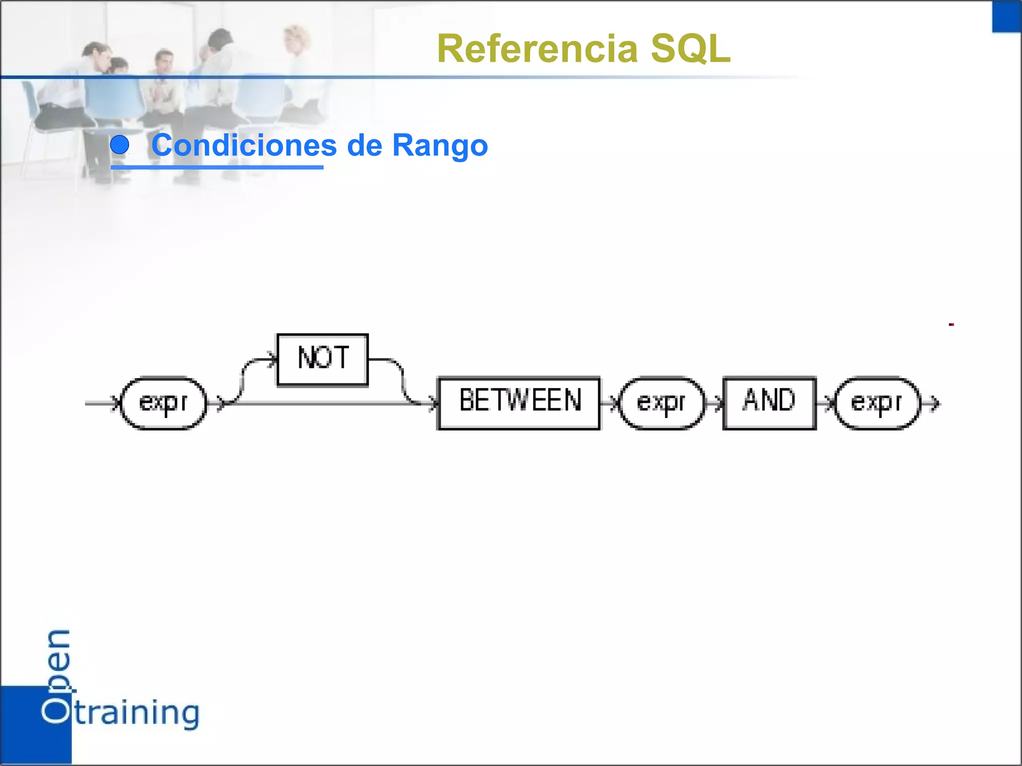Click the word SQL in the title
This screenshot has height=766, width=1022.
coord(691,49)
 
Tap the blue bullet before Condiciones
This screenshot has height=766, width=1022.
coord(120,145)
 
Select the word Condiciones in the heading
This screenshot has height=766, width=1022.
coord(244,145)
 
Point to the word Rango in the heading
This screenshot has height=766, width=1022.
coord(440,145)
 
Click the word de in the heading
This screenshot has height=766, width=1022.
coord(364,145)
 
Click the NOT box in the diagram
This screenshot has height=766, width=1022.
coord(322,360)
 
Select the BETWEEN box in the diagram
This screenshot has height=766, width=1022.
coord(518,403)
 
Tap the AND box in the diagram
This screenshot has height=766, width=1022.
coord(769,403)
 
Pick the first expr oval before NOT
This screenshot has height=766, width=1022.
coord(164,403)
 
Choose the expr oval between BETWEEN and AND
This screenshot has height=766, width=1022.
coord(661,403)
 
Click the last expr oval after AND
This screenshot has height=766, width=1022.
coord(877,403)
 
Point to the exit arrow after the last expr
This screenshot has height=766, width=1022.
coord(934,403)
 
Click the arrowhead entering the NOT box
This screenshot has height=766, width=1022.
coord(272,359)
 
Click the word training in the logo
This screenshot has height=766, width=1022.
coord(137,713)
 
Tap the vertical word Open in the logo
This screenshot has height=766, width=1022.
coord(58,676)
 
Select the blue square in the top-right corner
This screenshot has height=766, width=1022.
coord(1007,16)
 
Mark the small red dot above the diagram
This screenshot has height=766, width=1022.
coord(952,325)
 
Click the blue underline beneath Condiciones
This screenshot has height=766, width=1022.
coord(217,167)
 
